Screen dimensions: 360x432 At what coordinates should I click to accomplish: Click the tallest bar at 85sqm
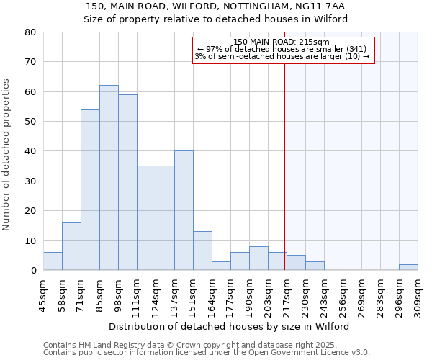click(109, 178)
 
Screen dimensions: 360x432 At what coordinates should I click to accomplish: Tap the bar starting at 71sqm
click(90, 190)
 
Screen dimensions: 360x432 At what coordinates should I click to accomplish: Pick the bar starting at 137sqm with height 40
click(184, 210)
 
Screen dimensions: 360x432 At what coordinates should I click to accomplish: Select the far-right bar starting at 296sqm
click(408, 267)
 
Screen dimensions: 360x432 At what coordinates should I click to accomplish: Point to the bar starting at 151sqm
click(202, 251)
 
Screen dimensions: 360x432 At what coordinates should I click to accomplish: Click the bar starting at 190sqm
click(258, 258)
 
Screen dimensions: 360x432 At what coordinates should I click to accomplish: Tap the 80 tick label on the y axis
click(30, 32)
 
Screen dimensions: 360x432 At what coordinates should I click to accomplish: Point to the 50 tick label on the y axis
click(30, 122)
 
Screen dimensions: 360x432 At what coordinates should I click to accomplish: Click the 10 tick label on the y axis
click(30, 240)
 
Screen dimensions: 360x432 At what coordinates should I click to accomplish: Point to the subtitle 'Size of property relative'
click(215, 19)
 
